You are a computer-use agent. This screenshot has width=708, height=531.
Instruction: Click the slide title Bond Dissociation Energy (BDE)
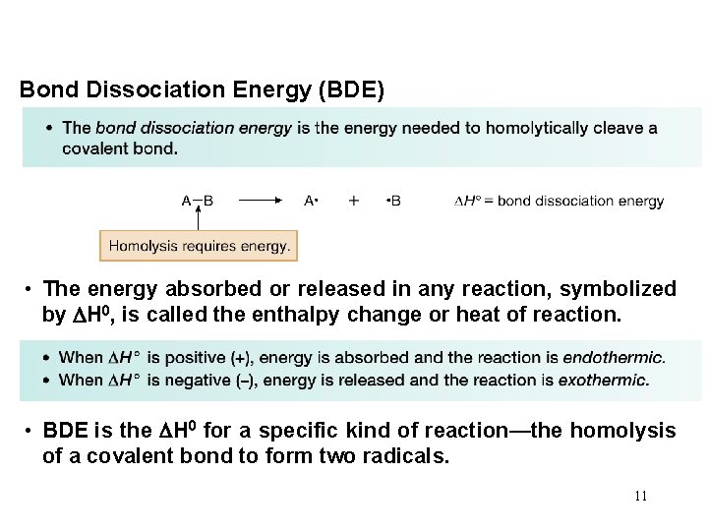click(x=203, y=89)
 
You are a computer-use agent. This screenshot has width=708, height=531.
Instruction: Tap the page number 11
click(x=640, y=496)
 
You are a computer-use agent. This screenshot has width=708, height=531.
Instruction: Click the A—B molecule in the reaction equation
click(x=198, y=201)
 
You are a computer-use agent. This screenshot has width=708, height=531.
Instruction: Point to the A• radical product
click(x=310, y=201)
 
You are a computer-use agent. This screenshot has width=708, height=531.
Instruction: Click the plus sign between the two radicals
click(x=353, y=201)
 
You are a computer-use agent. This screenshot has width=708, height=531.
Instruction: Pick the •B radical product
click(x=393, y=201)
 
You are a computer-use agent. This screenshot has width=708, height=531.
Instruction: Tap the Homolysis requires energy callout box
click(x=199, y=246)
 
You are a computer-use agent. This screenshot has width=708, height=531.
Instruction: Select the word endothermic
click(x=620, y=357)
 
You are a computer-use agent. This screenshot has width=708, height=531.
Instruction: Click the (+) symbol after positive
click(x=240, y=357)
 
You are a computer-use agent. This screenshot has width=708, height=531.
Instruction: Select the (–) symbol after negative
click(x=245, y=380)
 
